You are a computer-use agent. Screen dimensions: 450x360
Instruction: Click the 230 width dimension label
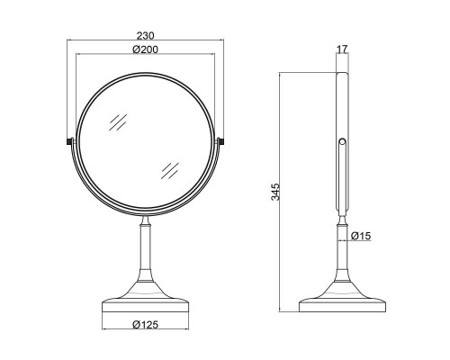(145, 36)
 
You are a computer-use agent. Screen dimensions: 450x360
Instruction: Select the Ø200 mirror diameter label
(145, 49)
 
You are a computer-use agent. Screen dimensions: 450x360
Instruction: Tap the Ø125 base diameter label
(145, 324)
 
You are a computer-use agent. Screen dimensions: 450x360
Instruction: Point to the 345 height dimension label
(275, 192)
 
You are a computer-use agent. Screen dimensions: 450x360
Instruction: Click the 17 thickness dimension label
(342, 49)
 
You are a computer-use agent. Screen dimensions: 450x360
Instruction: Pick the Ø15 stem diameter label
(361, 236)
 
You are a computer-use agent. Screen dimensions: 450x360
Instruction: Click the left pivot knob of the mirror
(69, 141)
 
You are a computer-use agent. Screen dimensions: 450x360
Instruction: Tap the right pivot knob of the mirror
(220, 141)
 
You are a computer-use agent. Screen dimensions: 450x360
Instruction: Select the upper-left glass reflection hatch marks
(118, 122)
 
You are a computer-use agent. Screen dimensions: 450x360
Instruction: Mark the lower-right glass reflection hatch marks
(170, 171)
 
